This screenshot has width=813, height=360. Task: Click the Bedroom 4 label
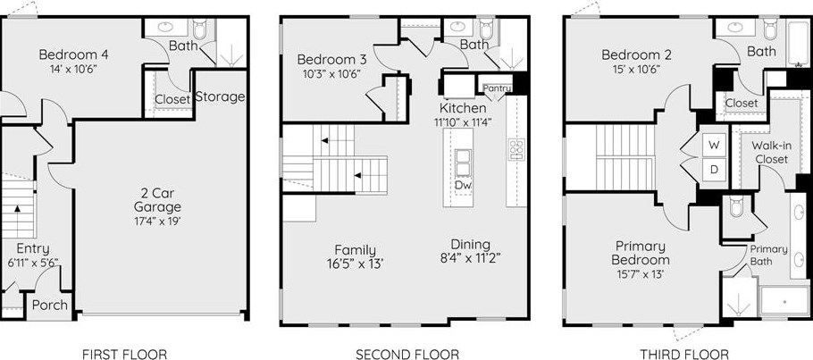(73, 54)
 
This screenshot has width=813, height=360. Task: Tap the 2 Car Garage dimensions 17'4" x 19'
(157, 221)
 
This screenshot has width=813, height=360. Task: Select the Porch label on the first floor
(50, 305)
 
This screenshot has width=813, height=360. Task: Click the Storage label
(221, 96)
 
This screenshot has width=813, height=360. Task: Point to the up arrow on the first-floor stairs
(17, 208)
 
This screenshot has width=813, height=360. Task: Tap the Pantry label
(498, 88)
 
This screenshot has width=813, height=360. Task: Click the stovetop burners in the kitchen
(516, 149)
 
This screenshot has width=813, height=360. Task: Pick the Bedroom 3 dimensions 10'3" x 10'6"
(331, 73)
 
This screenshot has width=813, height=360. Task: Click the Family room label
(356, 250)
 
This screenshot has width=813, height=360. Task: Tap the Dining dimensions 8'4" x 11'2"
(470, 258)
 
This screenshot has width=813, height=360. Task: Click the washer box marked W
(714, 146)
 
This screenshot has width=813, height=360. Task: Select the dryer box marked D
(714, 170)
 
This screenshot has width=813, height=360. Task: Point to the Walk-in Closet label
(772, 153)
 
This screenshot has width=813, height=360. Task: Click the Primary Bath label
(768, 255)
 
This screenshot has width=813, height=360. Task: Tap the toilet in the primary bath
(737, 206)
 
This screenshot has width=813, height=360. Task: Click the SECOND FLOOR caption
(407, 355)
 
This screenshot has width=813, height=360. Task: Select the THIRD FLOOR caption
(683, 355)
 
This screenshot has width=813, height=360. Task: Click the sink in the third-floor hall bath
(734, 27)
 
